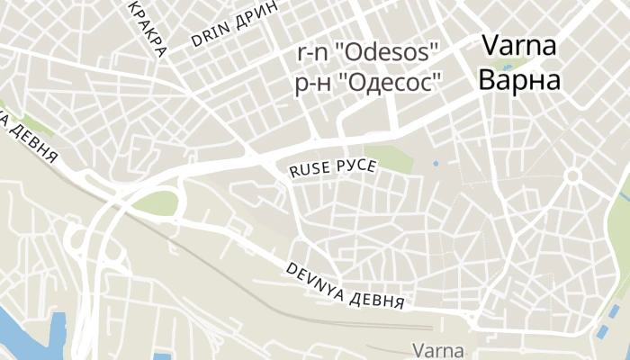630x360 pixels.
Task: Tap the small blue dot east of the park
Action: click(436, 164)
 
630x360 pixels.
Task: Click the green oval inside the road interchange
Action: click(155, 203)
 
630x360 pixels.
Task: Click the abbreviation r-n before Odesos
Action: click(314, 51)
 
